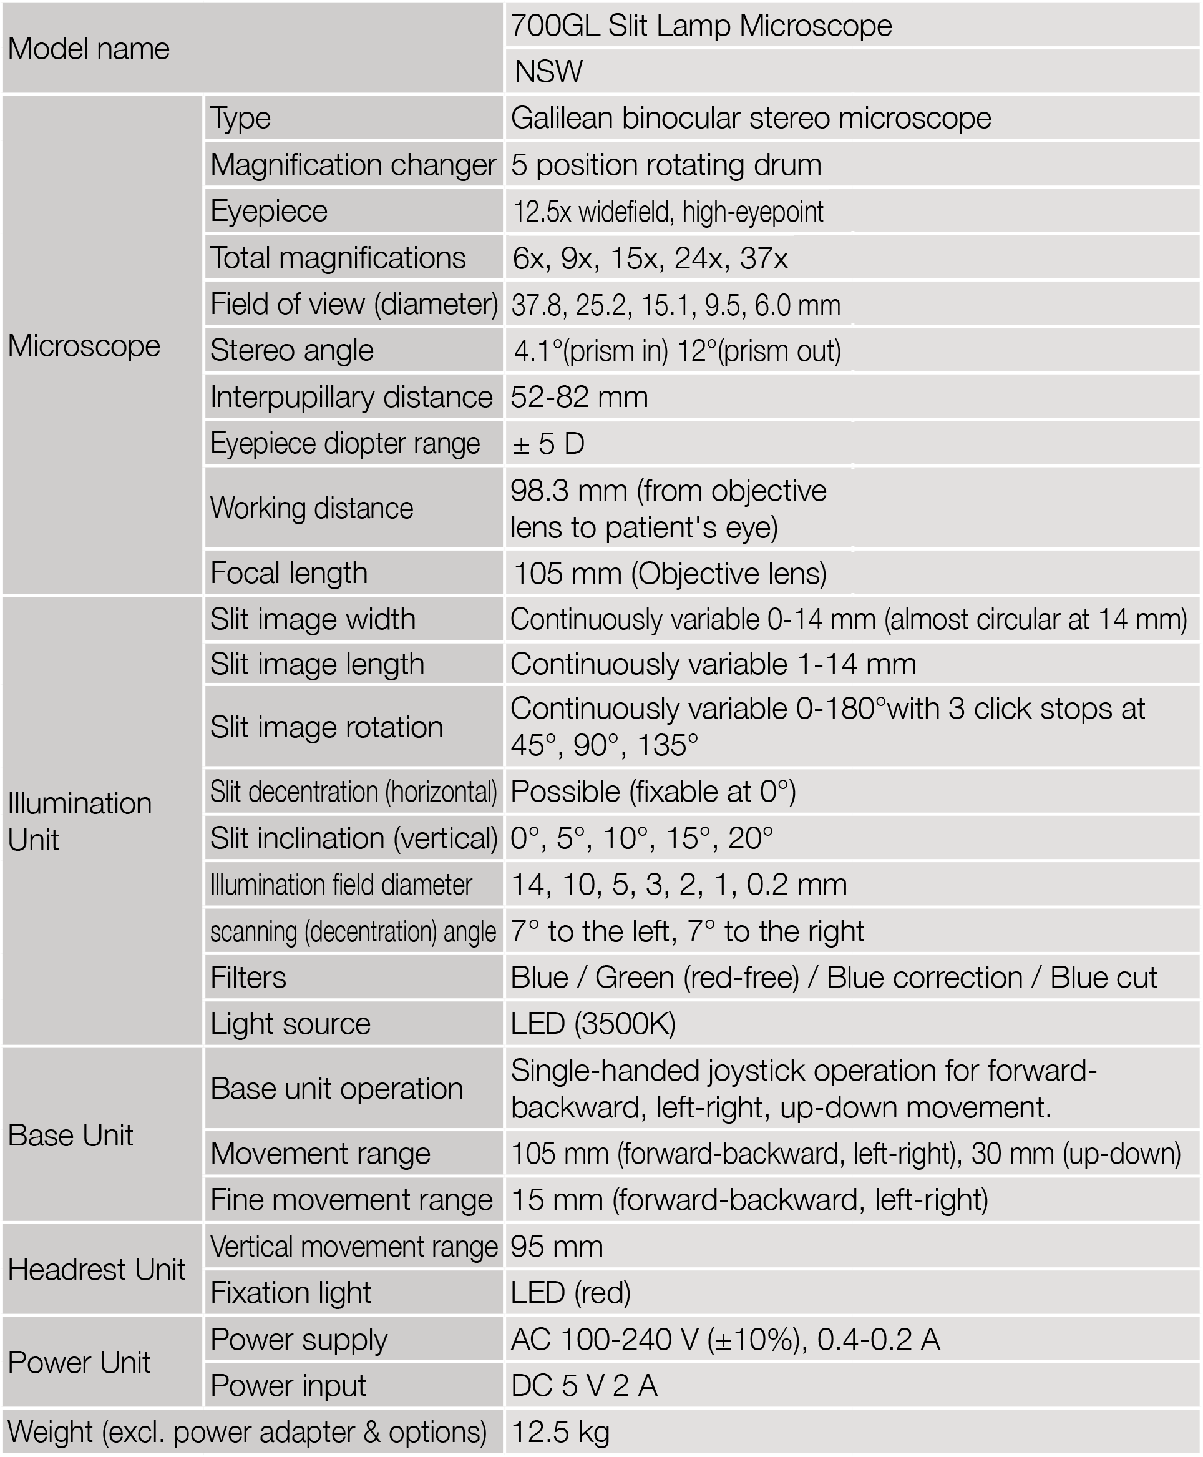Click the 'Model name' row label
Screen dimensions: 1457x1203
[89, 49]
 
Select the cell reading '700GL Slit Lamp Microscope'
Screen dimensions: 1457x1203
[701, 26]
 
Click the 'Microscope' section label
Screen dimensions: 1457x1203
[84, 345]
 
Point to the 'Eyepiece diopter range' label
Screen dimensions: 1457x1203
[344, 444]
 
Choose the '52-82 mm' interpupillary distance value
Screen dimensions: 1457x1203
[579, 397]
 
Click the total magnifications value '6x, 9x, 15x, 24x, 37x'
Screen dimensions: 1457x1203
[650, 258]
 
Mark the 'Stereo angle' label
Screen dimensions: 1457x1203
[292, 350]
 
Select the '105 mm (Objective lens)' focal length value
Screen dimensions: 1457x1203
[670, 573]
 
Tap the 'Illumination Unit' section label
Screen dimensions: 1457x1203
[79, 822]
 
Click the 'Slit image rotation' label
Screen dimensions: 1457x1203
[326, 727]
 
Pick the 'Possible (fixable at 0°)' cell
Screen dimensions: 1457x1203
[653, 792]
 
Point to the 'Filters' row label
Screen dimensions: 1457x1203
[248, 978]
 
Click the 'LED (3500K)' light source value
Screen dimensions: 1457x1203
[593, 1024]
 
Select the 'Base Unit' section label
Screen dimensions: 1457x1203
[71, 1136]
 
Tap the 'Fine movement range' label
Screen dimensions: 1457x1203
[351, 1200]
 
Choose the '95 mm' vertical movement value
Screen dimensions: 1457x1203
[557, 1246]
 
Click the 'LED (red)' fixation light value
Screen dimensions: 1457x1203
[570, 1293]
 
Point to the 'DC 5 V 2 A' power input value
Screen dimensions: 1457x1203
[583, 1386]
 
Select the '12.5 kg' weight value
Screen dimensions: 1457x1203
[560, 1432]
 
